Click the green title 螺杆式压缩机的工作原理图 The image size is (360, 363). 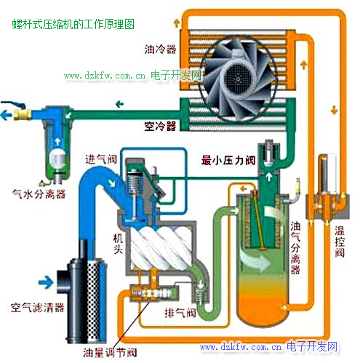click(x=73, y=24)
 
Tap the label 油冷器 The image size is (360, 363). click(x=160, y=49)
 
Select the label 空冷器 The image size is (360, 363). click(x=160, y=126)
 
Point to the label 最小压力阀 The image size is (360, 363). click(x=228, y=160)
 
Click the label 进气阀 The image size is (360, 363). click(x=101, y=159)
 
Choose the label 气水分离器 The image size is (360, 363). click(x=39, y=194)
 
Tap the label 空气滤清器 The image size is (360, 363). click(x=38, y=307)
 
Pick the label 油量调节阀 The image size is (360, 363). click(x=110, y=352)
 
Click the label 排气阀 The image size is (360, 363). click(x=180, y=313)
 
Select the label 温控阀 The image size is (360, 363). click(x=340, y=242)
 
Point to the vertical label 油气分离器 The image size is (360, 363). click(x=295, y=248)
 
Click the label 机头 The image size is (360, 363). click(x=118, y=244)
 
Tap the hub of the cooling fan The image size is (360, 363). click(x=238, y=78)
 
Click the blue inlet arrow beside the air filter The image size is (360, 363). click(x=46, y=282)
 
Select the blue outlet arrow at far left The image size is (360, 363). click(x=6, y=114)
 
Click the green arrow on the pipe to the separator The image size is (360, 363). click(x=119, y=105)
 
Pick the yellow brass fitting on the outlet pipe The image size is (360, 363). click(x=23, y=114)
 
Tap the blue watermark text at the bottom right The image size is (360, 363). click(x=268, y=347)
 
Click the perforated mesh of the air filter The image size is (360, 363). click(x=93, y=300)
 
